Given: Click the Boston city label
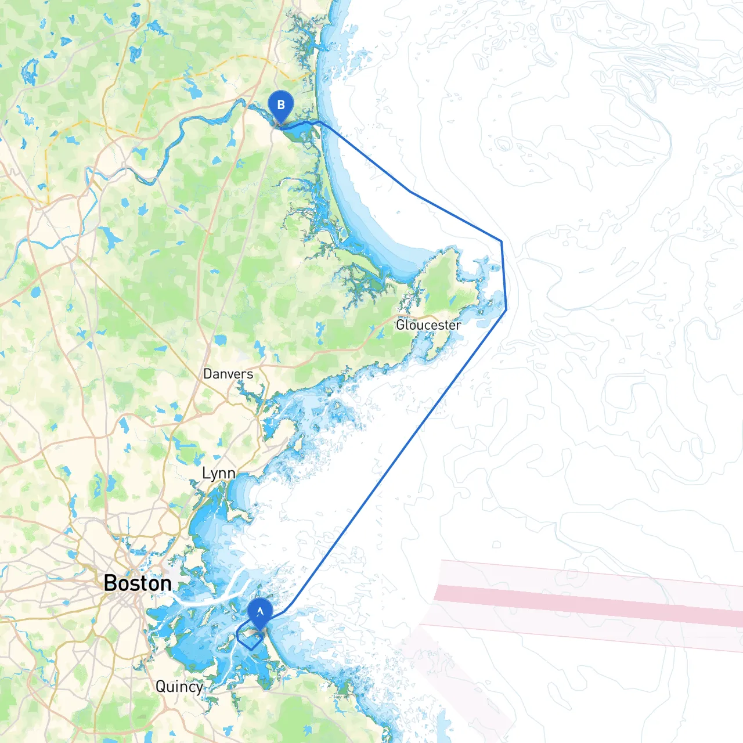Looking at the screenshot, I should pyautogui.click(x=138, y=583).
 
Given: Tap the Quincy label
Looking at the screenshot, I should pyautogui.click(x=179, y=687).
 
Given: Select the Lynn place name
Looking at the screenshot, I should pyautogui.click(x=218, y=474).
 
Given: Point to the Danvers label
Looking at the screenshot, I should pyautogui.click(x=228, y=374).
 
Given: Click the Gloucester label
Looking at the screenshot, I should pyautogui.click(x=428, y=325).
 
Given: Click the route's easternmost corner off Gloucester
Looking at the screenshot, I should pyautogui.click(x=506, y=309).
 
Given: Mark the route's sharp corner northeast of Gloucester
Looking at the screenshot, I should pyautogui.click(x=502, y=241).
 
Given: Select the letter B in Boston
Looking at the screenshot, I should pyautogui.click(x=110, y=583).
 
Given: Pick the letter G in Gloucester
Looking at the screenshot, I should pyautogui.click(x=401, y=325).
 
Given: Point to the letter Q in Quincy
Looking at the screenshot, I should pyautogui.click(x=161, y=687).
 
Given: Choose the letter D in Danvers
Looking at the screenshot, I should pyautogui.click(x=207, y=374).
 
